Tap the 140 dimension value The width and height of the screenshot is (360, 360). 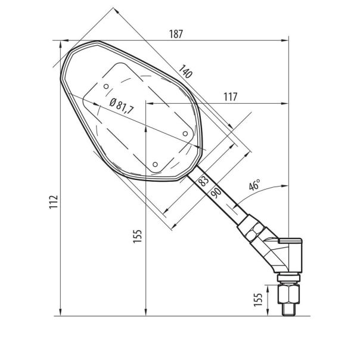coord(185,73)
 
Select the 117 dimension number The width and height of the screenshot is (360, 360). coord(232,96)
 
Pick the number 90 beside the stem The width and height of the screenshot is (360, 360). coord(213,191)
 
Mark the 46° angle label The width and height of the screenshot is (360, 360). coord(255,185)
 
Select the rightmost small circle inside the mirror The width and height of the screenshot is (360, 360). coord(185,133)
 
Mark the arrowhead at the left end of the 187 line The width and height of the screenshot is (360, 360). coord(57,41)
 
